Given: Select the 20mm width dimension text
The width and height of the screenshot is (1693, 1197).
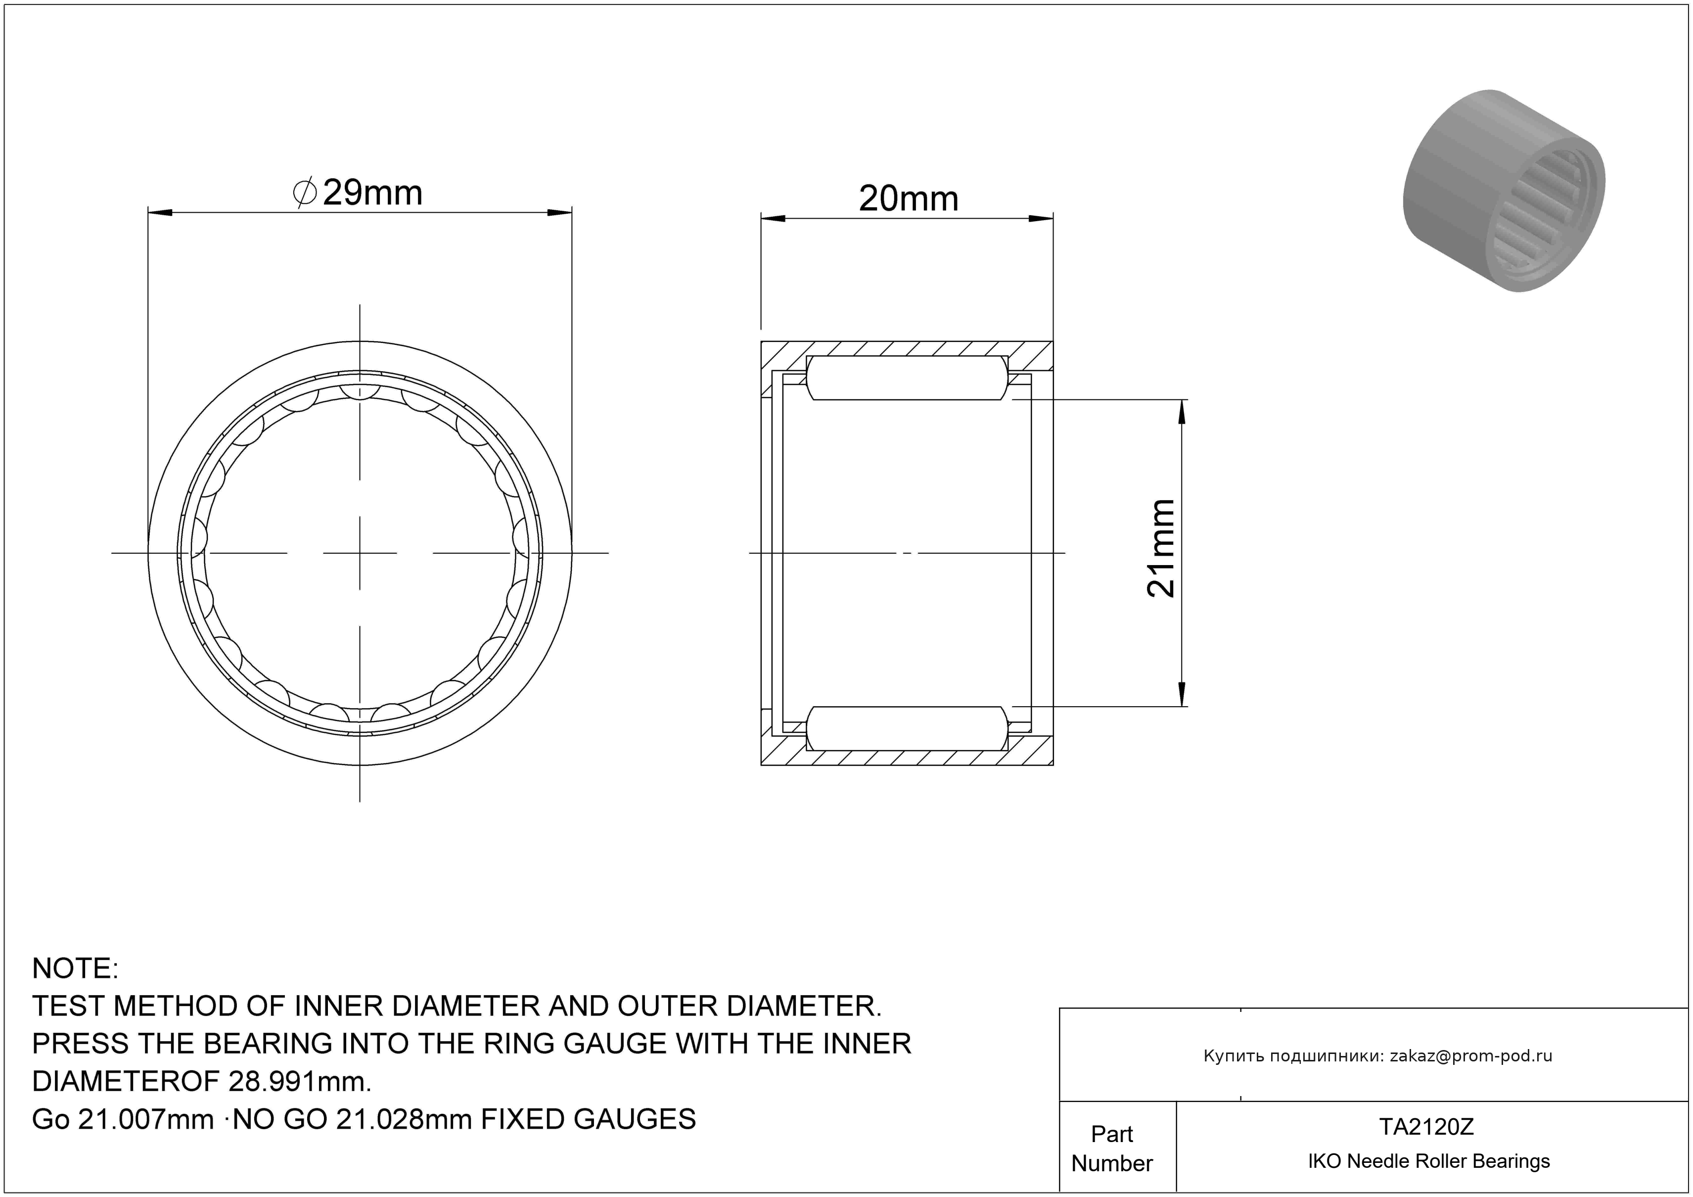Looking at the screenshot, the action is point(909,199).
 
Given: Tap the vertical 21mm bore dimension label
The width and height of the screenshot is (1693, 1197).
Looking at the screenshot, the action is point(1161,548).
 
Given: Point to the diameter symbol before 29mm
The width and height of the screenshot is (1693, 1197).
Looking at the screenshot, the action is point(305,193).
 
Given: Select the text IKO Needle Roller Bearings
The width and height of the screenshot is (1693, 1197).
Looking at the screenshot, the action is point(1429,1161).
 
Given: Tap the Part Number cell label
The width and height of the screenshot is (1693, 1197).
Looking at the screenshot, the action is point(1112,1149).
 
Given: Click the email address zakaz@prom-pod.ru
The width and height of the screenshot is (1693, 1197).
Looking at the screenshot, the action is point(1471,1056).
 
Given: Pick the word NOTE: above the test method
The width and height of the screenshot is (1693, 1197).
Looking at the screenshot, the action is point(75,968).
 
